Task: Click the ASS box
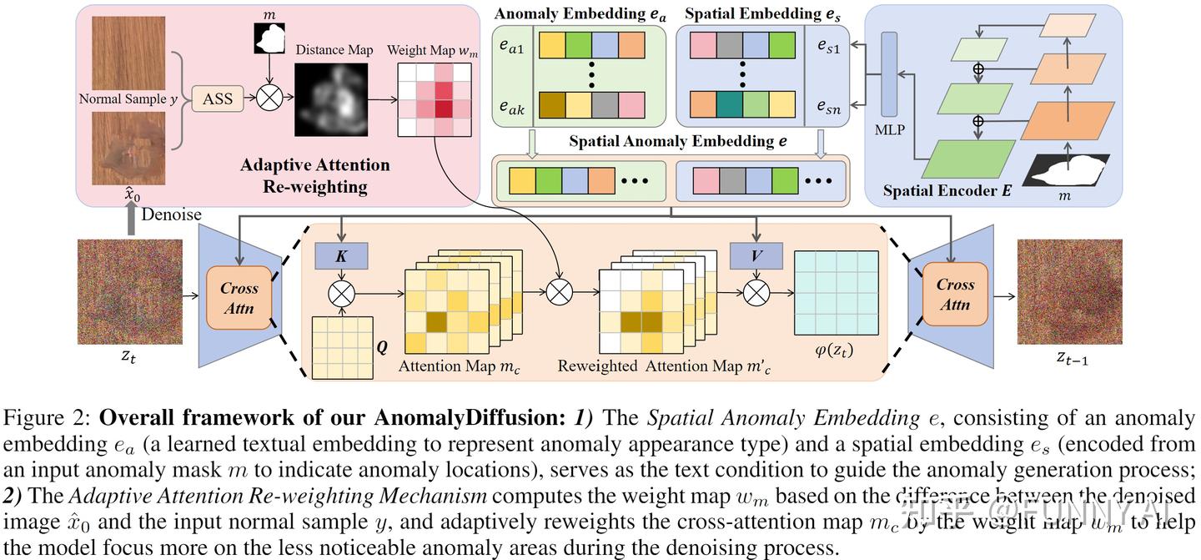click(x=217, y=99)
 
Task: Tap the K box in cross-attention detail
click(x=340, y=256)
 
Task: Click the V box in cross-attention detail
click(x=755, y=256)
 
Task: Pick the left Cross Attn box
click(x=239, y=298)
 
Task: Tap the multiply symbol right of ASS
click(x=269, y=99)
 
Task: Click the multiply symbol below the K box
click(x=341, y=292)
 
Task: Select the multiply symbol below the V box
click(x=755, y=292)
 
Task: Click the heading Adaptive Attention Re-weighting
click(x=315, y=174)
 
